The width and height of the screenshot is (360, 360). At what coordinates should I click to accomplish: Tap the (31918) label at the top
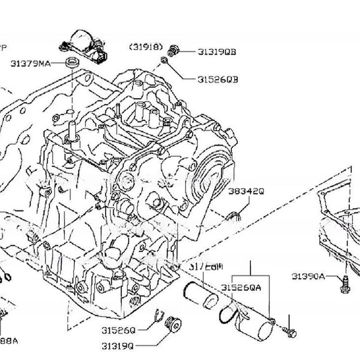pos(146,46)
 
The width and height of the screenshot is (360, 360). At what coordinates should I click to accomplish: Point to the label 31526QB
pos(218,79)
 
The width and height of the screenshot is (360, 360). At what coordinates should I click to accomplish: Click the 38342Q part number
pos(247,192)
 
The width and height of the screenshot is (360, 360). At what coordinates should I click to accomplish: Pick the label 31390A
pos(308,276)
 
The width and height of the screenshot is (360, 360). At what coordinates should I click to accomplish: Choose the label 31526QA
pos(241,288)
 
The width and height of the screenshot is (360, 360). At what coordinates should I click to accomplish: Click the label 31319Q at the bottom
pos(118,346)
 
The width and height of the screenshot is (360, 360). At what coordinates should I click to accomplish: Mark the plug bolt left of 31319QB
pos(173,49)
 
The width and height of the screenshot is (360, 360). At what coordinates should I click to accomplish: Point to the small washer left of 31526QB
pos(165,60)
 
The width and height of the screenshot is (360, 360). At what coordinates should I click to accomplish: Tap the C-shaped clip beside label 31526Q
pos(157,316)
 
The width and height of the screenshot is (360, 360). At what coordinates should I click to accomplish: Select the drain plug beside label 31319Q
pos(173,324)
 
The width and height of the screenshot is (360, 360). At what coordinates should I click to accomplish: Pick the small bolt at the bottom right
pos(290,333)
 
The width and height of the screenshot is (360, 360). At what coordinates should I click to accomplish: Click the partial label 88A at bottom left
pos(9,340)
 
